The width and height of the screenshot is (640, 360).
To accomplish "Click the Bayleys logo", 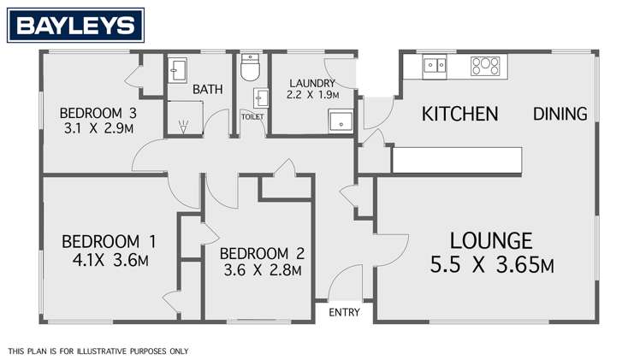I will [x=75, y=26].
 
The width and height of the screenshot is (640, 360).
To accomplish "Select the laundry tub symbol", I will [x=341, y=122].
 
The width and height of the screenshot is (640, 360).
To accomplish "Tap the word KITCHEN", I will [x=460, y=114].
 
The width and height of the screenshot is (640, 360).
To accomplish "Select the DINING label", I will [x=560, y=114].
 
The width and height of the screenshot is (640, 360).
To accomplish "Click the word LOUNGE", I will [x=491, y=241].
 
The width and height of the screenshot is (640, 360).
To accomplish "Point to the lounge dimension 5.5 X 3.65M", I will [x=491, y=265].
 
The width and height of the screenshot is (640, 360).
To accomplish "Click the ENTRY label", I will [x=345, y=313].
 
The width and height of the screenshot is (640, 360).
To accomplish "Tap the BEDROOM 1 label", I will [x=104, y=242].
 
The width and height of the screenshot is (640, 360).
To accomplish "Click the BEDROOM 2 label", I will [x=262, y=254].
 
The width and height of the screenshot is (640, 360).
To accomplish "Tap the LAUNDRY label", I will [x=311, y=83].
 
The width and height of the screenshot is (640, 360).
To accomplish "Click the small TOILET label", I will [x=253, y=115].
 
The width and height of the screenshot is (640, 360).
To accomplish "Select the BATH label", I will [x=206, y=89].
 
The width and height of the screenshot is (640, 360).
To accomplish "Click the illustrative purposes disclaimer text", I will [x=98, y=351].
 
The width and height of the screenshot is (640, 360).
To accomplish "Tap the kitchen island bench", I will [x=456, y=160].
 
